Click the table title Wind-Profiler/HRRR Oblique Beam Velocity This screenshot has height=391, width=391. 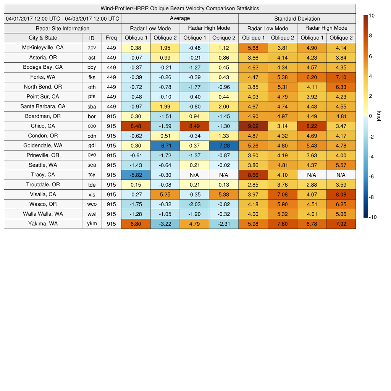tap(180, 8)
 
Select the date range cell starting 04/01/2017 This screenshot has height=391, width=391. tap(63, 18)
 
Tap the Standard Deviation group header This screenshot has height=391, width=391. tap(297, 18)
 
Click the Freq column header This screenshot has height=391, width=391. tap(111, 38)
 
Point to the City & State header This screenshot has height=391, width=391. tap(43, 38)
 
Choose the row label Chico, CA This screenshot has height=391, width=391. tap(43, 126)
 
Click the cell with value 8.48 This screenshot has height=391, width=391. tap(136, 126)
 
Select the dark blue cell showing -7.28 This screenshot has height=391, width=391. tap(223, 145)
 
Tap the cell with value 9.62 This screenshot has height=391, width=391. tap(253, 126)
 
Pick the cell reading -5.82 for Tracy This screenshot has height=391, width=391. tap(136, 175)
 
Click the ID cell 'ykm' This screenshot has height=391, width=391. tap(92, 224)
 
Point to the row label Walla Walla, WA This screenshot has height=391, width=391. tap(43, 214)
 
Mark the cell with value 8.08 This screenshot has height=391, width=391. tap(341, 194)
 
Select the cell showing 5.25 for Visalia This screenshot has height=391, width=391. tap(165, 194)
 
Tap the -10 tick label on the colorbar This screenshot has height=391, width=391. tap(373, 217)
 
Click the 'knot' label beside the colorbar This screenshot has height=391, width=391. tap(379, 116)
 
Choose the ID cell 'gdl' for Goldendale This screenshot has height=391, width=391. tap(92, 145)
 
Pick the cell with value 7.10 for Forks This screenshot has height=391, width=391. tap(341, 77)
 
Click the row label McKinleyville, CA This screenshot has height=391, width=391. tap(43, 48)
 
